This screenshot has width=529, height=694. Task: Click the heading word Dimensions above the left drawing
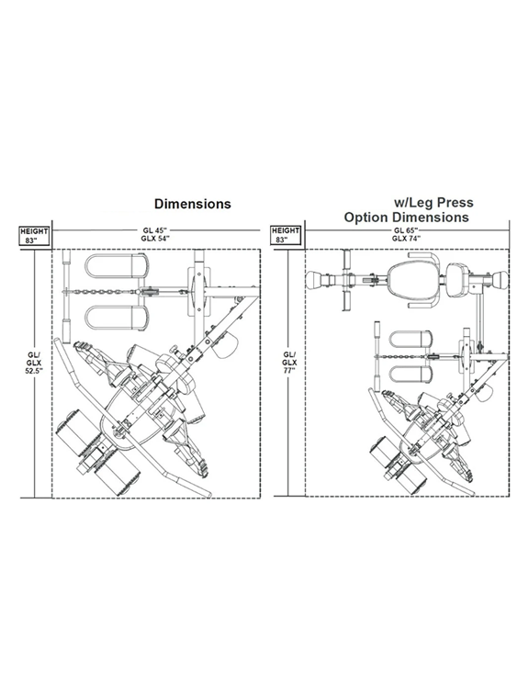point(193,204)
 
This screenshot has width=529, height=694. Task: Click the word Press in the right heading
point(454,203)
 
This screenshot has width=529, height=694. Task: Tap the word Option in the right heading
point(366,218)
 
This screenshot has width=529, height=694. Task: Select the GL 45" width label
point(153,230)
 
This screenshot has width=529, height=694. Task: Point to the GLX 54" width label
point(153,238)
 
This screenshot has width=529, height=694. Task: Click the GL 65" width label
point(406,230)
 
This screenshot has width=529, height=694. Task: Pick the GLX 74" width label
point(406,238)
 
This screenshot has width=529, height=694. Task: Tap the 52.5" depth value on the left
point(33,371)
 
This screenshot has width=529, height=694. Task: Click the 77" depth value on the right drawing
point(290,371)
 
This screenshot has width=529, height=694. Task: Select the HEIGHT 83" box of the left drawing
point(34,235)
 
